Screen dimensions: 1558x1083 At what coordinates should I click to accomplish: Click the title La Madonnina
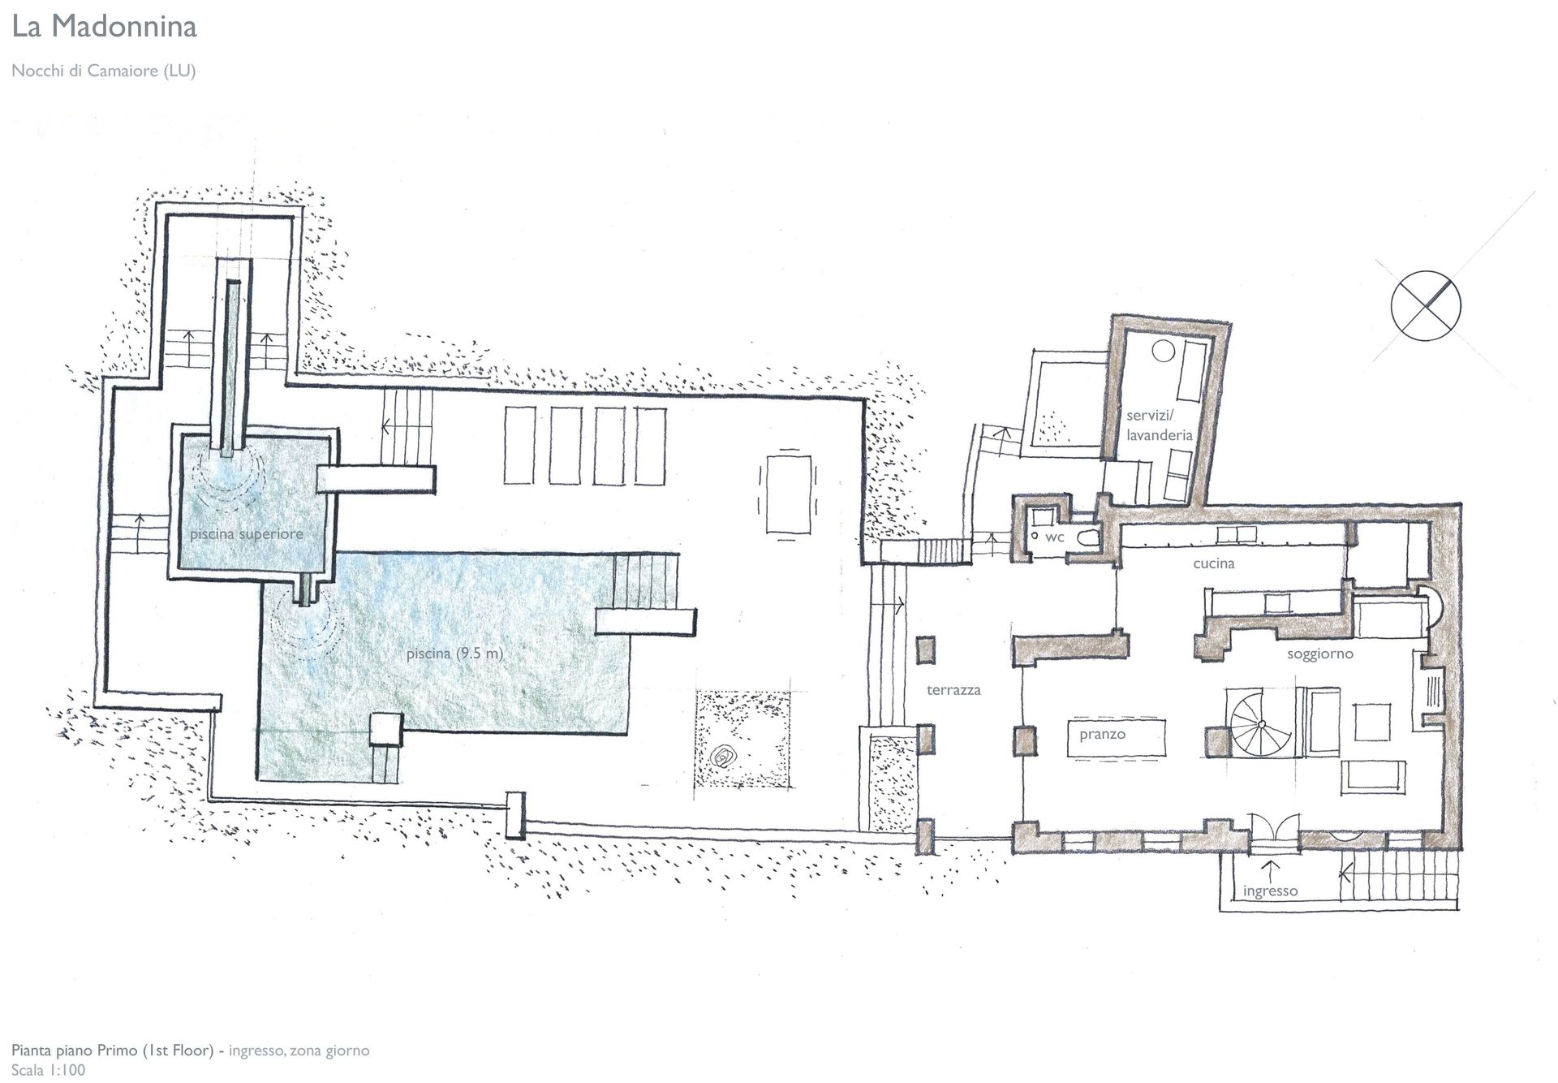[x=104, y=27]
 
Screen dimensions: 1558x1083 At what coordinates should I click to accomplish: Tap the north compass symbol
[x=1426, y=306]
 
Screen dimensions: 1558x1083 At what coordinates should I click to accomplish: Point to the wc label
[x=1055, y=537]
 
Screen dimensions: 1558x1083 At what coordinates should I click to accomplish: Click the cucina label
[x=1214, y=563]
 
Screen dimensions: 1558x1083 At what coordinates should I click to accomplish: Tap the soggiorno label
[x=1320, y=654]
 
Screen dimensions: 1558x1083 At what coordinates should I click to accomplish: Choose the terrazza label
[x=953, y=690]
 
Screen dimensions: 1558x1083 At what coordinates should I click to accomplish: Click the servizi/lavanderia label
[x=1159, y=425]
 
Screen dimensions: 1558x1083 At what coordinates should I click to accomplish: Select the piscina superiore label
[x=247, y=534]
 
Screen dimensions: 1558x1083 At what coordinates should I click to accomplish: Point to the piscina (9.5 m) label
[x=455, y=653]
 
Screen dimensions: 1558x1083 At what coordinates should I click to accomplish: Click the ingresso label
[x=1270, y=891]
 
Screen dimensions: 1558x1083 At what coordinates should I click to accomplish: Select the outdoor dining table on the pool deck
[x=787, y=494]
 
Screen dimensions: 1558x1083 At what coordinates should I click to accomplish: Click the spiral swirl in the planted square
[x=721, y=758]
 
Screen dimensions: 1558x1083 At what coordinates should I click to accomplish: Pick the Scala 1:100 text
[x=48, y=1070]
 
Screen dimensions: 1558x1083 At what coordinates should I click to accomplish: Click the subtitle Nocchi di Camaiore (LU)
[x=104, y=71]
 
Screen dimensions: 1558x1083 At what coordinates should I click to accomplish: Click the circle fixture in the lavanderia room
[x=1164, y=351]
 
